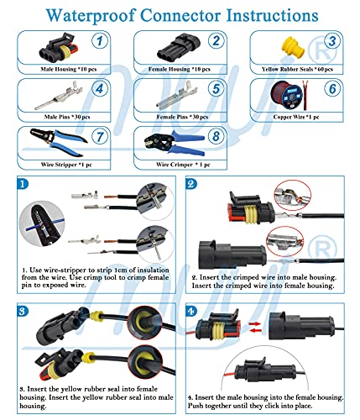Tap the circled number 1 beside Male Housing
99,41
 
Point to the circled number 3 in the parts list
332,41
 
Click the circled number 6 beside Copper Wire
331,87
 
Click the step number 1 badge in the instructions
23,184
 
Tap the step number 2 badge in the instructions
191,184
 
